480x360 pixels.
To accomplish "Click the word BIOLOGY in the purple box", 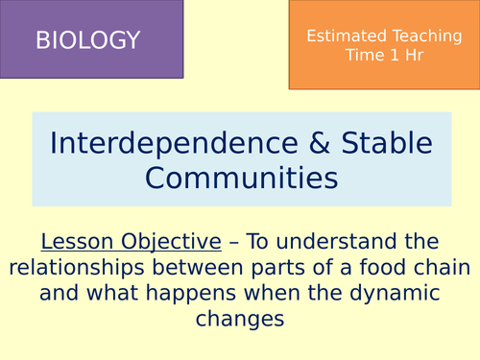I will tap(87, 40).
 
